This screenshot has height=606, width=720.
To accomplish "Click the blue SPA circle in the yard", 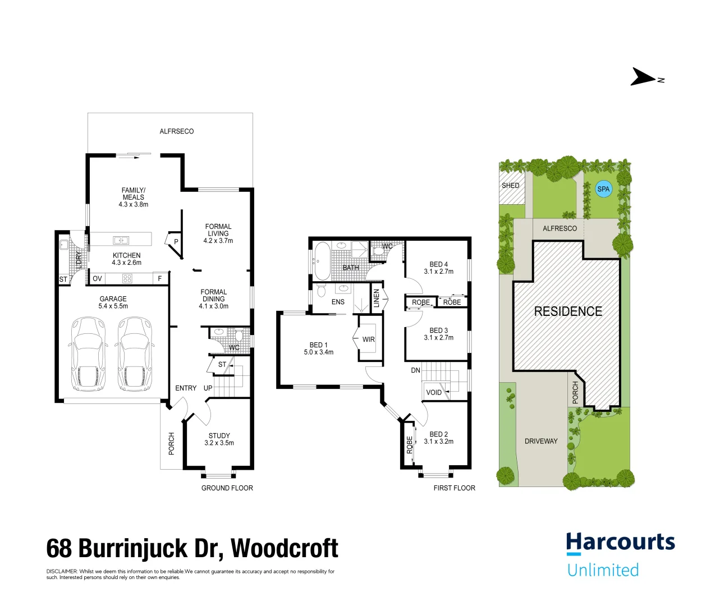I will tap(603, 189).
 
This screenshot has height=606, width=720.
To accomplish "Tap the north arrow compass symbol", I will tap(644, 77).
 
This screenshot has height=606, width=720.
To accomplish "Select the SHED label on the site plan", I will tap(510, 185).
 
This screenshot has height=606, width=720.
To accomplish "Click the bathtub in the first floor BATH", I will tap(322, 260).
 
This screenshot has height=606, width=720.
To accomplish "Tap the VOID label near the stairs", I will tap(434, 392).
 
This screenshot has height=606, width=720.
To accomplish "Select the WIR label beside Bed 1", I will tap(369, 339).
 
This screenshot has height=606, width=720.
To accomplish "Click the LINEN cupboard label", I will tap(377, 298).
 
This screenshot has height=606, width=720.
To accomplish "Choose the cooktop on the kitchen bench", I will tap(127, 278).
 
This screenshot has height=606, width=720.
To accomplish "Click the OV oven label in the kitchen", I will tap(97, 278).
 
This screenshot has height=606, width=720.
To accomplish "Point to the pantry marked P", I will tap(176, 242).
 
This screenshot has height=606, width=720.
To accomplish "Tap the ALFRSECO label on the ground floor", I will tap(177, 131).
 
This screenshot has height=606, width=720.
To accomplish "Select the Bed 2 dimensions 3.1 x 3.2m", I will tap(438, 442).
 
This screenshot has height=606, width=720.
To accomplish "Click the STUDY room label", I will tap(219, 435).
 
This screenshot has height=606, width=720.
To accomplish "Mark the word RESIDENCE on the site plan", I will tap(568, 311).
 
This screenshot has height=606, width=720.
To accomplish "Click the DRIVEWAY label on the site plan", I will tap(541, 441).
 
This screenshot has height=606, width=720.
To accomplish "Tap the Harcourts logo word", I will tap(620, 543).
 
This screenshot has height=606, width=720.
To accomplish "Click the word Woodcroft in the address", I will tap(285, 548).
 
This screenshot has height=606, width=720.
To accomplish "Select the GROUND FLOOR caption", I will tap(227, 488).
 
